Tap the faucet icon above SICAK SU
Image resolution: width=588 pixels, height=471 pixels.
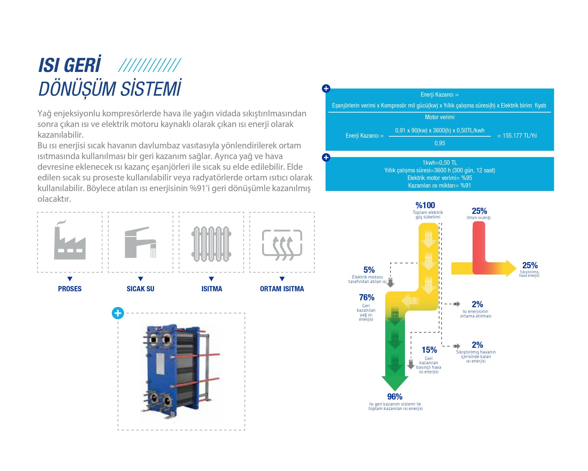[x=140, y=242]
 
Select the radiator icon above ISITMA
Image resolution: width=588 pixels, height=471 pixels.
[x=211, y=244]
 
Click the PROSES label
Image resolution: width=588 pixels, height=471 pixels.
[x=70, y=289]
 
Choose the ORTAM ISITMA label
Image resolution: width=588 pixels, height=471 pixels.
[x=282, y=289]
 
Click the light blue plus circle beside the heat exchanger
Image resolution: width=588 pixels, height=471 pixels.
[x=118, y=313]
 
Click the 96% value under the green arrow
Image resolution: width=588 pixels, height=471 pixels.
[x=395, y=396]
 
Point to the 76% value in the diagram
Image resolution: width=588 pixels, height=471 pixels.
[x=367, y=297]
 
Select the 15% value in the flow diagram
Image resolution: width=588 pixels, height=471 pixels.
[x=429, y=350]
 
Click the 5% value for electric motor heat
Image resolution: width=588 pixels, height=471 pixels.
[x=369, y=270]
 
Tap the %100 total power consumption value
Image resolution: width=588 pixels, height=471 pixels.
[x=425, y=205]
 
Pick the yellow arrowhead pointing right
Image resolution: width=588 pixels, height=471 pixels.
[x=511, y=268]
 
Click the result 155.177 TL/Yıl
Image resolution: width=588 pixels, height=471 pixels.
[x=517, y=136]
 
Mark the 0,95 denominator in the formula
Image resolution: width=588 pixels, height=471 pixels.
[x=440, y=143]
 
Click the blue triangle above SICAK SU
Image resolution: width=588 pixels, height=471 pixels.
[x=140, y=279]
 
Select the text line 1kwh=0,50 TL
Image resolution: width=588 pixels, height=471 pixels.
[x=440, y=163]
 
